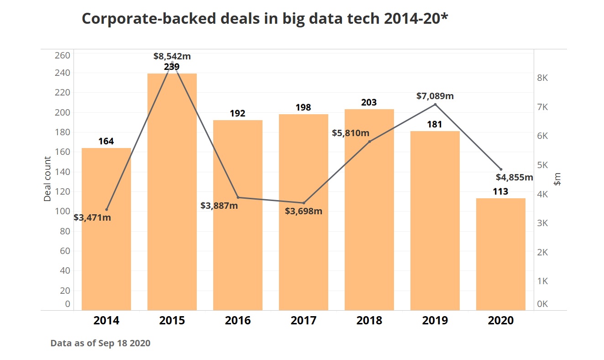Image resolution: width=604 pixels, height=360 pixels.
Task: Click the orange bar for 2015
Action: tap(172, 192)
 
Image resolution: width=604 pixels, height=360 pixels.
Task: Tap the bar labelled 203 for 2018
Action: tap(369, 210)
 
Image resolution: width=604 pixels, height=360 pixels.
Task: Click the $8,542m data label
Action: tap(172, 57)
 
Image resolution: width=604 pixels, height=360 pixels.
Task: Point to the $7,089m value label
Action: tap(435, 96)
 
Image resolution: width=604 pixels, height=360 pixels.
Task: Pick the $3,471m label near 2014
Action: tap(92, 217)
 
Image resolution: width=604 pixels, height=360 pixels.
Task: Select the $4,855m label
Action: tap(515, 177)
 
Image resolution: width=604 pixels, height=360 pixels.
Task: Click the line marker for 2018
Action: tap(369, 142)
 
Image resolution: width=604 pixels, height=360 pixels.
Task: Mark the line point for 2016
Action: tap(238, 197)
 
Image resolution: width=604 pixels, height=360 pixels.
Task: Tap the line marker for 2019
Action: tap(435, 105)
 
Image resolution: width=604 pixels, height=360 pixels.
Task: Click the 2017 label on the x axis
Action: tap(304, 321)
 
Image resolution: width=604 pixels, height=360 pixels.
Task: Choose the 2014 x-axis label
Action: tap(106, 321)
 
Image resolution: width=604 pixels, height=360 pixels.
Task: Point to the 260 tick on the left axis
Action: tap(63, 56)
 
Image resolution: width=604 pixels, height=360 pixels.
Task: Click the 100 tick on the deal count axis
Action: tap(63, 212)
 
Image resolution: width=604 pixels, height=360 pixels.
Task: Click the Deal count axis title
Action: tap(47, 179)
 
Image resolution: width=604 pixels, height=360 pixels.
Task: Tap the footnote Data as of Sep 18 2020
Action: tap(100, 343)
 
